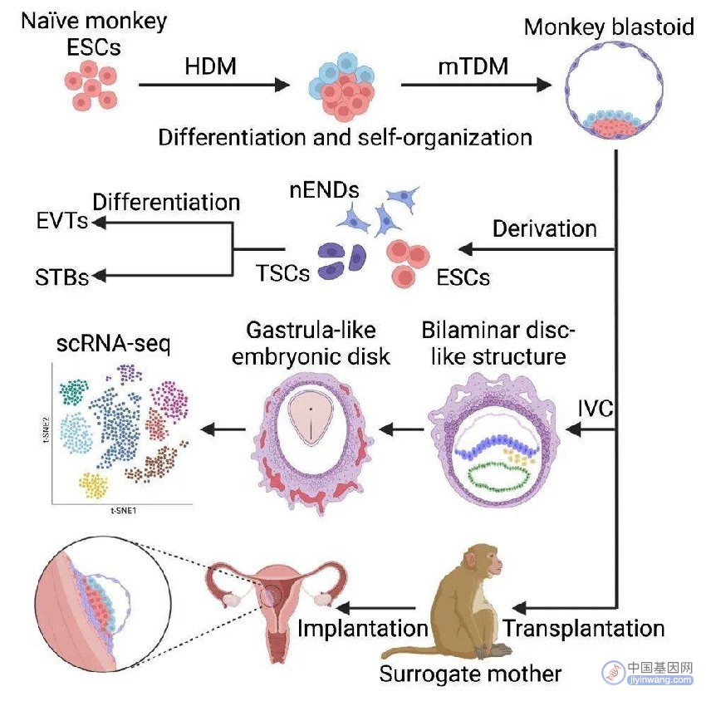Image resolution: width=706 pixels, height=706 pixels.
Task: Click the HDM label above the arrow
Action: click(210, 66)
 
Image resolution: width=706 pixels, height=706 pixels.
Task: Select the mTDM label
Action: click(473, 66)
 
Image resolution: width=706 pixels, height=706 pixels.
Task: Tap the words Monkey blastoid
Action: click(609, 27)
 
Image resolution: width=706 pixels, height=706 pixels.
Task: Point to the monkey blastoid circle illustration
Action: click(614, 90)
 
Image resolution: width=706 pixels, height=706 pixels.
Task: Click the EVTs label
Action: click(62, 221)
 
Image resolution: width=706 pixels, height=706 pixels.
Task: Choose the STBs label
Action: click(62, 277)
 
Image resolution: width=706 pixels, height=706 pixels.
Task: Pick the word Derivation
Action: click(545, 228)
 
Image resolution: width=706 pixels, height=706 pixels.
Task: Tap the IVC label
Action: click(596, 409)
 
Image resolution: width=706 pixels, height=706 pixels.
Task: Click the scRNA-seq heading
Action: click(114, 344)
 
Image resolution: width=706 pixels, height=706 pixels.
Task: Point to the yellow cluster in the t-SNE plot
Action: click(94, 485)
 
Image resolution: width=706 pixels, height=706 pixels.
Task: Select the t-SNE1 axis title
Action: click(124, 511)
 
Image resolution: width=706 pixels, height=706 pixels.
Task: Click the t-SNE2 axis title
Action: click(47, 429)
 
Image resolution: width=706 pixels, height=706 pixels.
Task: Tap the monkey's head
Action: click(482, 563)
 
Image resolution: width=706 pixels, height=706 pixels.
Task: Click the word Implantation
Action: click(363, 628)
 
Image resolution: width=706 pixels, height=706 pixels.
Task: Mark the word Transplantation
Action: click(584, 628)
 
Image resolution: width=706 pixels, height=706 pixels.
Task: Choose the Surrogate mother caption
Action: click(470, 674)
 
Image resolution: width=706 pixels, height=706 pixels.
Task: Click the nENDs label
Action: click(324, 190)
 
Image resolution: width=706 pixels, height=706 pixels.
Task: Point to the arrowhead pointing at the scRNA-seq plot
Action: click(207, 429)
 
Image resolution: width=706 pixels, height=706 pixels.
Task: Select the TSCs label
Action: click(282, 273)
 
